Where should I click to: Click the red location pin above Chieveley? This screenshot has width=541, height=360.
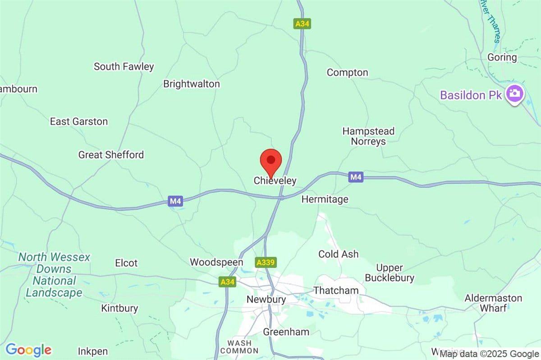[271, 161]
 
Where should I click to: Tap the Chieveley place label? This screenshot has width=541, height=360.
[275, 181]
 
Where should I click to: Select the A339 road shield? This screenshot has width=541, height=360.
[266, 262]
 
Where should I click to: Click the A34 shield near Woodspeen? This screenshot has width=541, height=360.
[227, 282]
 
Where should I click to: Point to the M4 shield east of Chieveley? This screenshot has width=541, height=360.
[356, 177]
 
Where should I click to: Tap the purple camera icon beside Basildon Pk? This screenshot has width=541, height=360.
[513, 93]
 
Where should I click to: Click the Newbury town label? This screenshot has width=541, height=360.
[266, 300]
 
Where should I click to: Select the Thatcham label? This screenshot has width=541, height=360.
[335, 290]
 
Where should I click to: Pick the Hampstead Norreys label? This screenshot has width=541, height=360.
[368, 136]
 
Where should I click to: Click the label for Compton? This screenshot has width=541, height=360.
[347, 73]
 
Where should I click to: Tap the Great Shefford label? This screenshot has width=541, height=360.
[111, 155]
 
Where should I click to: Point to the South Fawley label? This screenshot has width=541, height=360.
[124, 67]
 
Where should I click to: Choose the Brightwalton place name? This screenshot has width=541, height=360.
[191, 84]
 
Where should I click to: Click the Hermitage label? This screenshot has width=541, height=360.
[325, 199]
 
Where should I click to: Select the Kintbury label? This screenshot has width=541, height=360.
[119, 309]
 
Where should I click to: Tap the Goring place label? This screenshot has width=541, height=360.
[502, 57]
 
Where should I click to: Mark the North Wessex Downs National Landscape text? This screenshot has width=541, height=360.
[54, 275]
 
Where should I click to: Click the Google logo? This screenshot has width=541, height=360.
[28, 350]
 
